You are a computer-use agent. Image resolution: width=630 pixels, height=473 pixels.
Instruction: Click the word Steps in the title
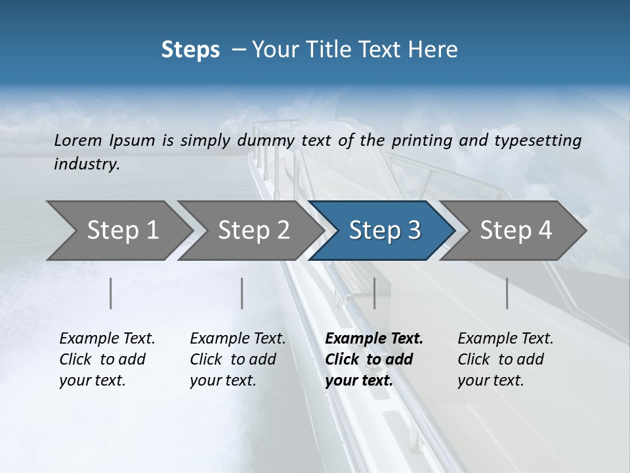pyautogui.click(x=190, y=50)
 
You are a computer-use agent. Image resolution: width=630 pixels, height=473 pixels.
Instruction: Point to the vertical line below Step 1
pyautogui.click(x=111, y=293)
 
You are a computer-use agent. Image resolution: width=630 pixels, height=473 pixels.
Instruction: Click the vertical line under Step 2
pyautogui.click(x=242, y=293)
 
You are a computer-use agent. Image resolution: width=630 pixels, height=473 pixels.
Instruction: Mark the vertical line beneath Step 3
pyautogui.click(x=374, y=293)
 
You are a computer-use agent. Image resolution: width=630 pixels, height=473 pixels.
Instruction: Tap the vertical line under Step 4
pyautogui.click(x=507, y=293)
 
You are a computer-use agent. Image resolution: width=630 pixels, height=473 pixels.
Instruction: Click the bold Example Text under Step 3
pyautogui.click(x=374, y=339)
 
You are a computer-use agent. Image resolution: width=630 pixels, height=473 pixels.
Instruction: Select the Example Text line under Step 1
pyautogui.click(x=107, y=339)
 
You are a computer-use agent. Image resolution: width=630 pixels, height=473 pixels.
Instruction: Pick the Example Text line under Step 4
pyautogui.click(x=505, y=339)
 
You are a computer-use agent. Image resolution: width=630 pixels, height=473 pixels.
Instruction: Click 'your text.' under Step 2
pyautogui.click(x=222, y=380)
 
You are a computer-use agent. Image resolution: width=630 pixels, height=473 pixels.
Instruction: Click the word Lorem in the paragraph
pyautogui.click(x=78, y=140)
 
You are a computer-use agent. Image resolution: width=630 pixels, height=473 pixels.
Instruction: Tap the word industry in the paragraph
pyautogui.click(x=86, y=164)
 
